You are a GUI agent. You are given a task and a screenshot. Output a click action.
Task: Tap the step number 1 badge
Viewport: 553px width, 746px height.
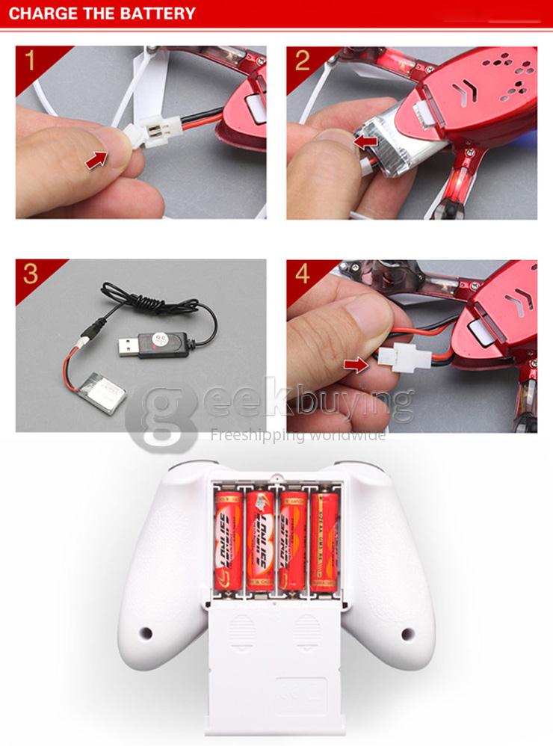[x=30, y=61]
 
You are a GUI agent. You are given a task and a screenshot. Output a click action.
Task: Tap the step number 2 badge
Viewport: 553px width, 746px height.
[x=302, y=61]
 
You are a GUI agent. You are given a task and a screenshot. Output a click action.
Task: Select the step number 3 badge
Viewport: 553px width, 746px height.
[x=30, y=274]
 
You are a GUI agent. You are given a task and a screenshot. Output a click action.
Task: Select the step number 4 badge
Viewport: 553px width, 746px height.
[x=302, y=274]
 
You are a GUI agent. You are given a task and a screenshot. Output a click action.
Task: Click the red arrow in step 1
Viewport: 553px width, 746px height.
[x=96, y=158]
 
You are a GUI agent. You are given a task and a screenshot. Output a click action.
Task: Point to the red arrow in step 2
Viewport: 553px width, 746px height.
[x=365, y=140]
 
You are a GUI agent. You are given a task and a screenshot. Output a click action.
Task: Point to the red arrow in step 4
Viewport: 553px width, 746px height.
[x=356, y=364]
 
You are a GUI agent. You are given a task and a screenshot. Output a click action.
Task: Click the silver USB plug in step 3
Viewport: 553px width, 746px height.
[x=130, y=346]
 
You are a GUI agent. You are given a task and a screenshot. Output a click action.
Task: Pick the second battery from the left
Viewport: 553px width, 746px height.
[x=261, y=540]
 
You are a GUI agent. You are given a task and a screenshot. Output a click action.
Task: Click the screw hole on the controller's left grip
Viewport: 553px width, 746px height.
[x=146, y=633]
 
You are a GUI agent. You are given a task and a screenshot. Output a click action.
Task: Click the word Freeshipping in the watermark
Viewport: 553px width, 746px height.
[x=247, y=435]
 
